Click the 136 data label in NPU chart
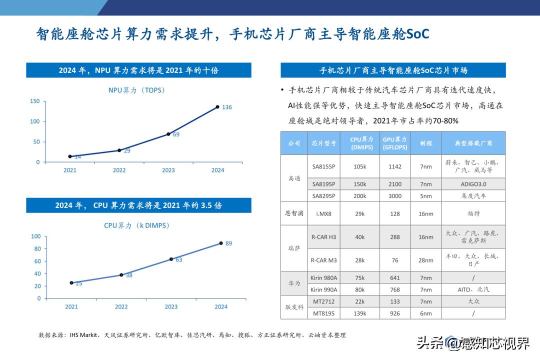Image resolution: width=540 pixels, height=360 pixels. pyautogui.click(x=227, y=107)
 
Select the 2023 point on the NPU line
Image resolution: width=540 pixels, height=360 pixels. pyautogui.click(x=168, y=134)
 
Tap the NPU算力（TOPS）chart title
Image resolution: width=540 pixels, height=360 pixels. pyautogui.click(x=136, y=90)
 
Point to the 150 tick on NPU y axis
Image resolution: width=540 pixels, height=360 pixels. pyautogui.click(x=34, y=101)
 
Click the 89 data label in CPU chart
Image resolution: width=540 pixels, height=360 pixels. pyautogui.click(x=228, y=243)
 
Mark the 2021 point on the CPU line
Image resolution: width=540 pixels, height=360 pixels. pyautogui.click(x=71, y=282)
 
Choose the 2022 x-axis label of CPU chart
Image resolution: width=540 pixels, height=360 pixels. pyautogui.click(x=121, y=306)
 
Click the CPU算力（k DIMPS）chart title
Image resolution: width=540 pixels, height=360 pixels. pyautogui.click(x=136, y=225)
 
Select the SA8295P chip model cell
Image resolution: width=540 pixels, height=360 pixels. pyautogui.click(x=323, y=196)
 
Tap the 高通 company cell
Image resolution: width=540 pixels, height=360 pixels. pyautogui.click(x=294, y=178)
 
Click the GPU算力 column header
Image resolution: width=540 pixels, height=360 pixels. pyautogui.click(x=394, y=143)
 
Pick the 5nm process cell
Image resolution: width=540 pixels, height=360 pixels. pyautogui.click(x=425, y=196)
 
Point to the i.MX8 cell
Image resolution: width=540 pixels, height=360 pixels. pyautogui.click(x=323, y=213)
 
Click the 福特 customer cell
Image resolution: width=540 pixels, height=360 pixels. pyautogui.click(x=473, y=213)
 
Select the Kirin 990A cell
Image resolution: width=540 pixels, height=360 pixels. pyautogui.click(x=323, y=289)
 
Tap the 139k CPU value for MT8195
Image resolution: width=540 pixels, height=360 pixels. pyautogui.click(x=359, y=313)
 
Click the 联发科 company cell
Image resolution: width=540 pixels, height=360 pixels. pyautogui.click(x=294, y=307)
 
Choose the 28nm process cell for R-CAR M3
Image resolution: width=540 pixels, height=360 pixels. pyautogui.click(x=425, y=260)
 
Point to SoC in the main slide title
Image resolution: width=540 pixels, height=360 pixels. pyautogui.click(x=417, y=34)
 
